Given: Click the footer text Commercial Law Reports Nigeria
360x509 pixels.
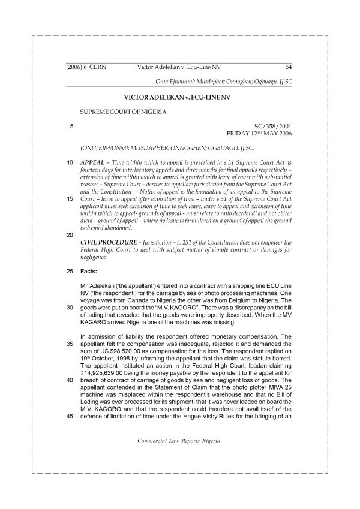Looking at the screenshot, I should tap(179, 457).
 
